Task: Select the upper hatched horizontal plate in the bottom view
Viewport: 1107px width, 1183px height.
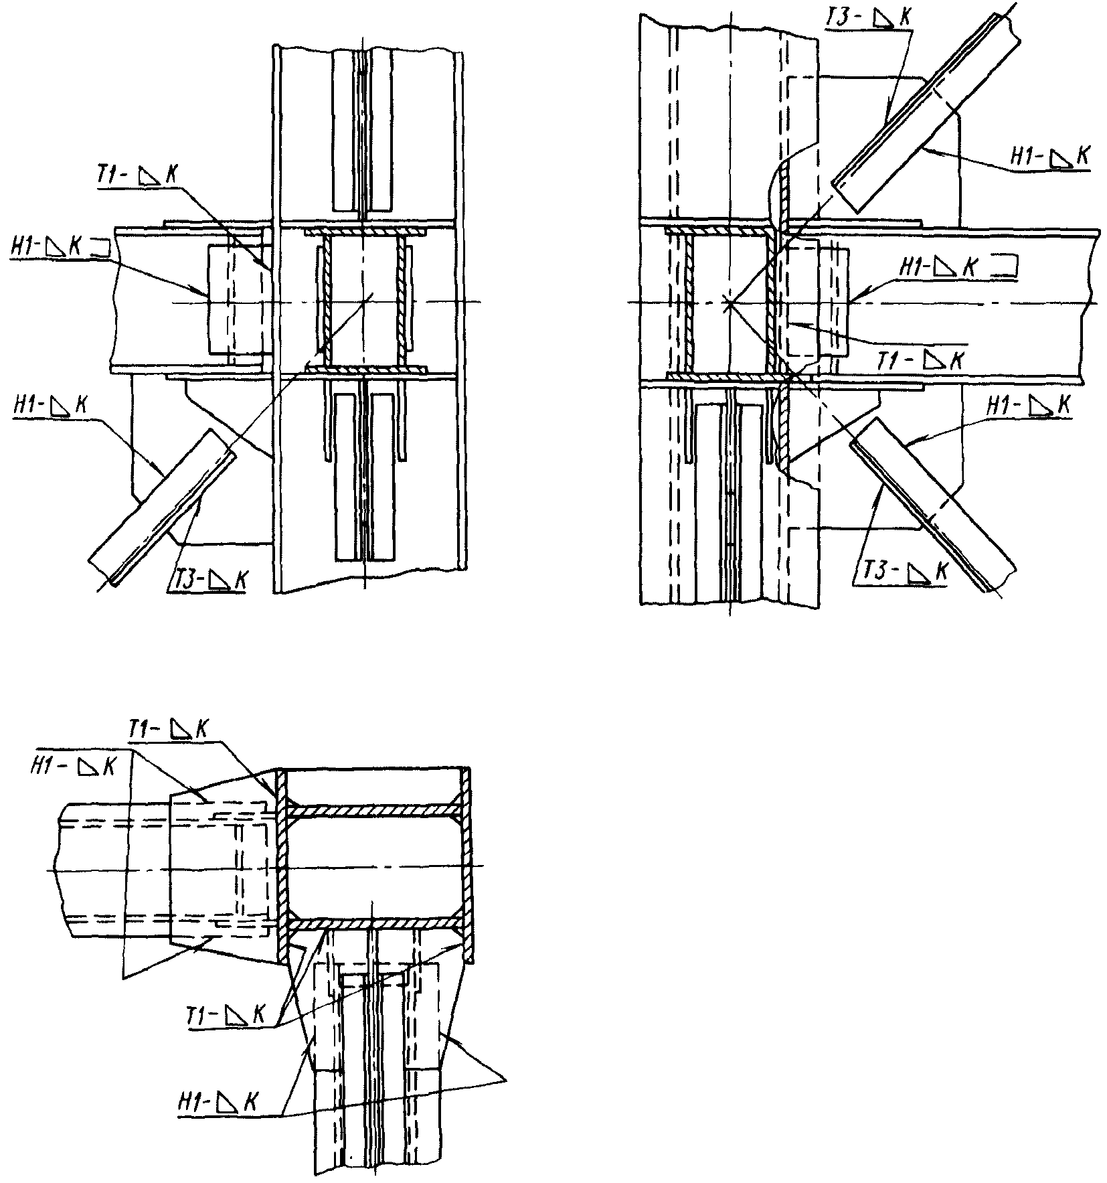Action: point(375,811)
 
